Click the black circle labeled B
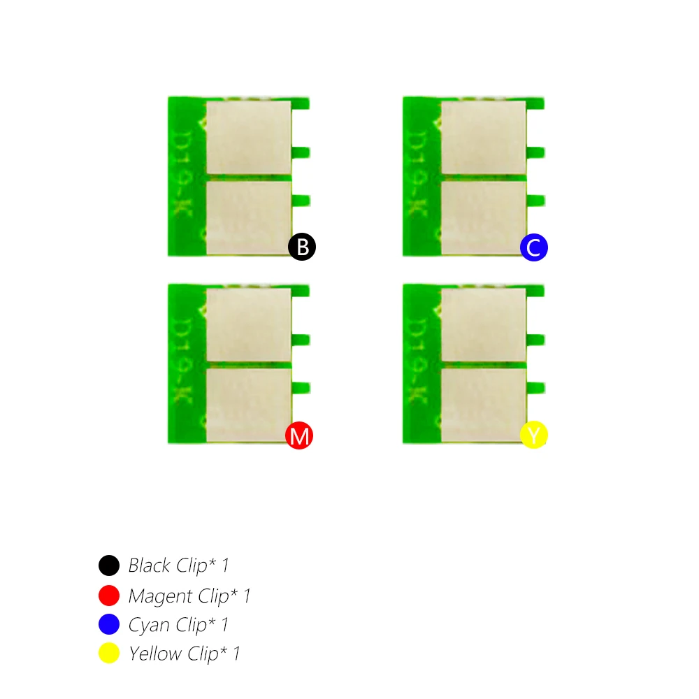(x=302, y=247)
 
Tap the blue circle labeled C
(x=534, y=247)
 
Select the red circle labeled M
(x=299, y=435)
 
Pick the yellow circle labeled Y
(x=534, y=435)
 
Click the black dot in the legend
(x=109, y=565)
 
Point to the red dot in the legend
(x=109, y=596)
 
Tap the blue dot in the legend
(x=109, y=624)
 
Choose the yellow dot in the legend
(x=109, y=654)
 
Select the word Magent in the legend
(x=161, y=596)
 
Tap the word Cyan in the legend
(x=149, y=625)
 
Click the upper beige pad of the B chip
(x=249, y=137)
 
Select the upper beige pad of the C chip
(x=483, y=137)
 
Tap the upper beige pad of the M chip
(x=249, y=325)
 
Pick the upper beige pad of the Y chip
(x=483, y=325)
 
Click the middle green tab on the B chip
(x=301, y=151)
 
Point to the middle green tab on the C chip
(x=535, y=151)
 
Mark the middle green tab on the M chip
(x=301, y=340)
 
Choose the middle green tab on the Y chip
(x=535, y=340)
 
